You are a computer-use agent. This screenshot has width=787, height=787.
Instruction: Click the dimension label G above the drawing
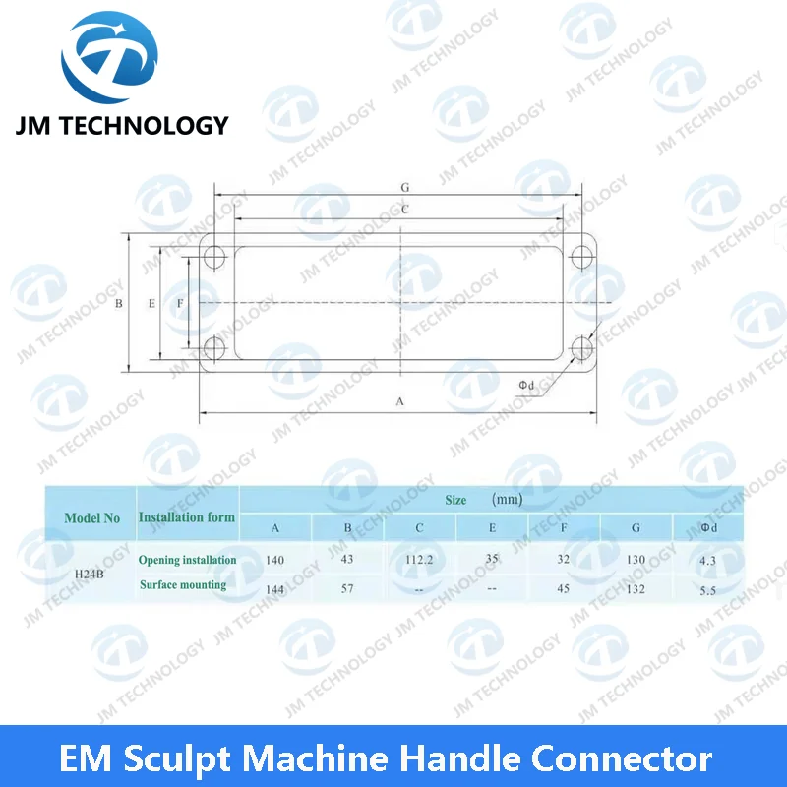coord(404,186)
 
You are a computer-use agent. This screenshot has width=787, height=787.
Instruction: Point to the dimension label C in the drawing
coord(404,210)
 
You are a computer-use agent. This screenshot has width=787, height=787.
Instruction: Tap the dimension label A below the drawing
coord(399,401)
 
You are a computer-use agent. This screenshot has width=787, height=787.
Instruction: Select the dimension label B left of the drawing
coord(118,304)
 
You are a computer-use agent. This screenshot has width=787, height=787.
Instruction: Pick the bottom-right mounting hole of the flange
coord(580,347)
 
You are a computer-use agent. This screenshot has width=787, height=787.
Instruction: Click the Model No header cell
coord(91,517)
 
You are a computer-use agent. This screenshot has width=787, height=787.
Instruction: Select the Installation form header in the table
coord(187,516)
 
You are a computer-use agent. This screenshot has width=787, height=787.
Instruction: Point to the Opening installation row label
coord(187,560)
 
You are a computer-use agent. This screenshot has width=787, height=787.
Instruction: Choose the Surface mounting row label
coord(183,584)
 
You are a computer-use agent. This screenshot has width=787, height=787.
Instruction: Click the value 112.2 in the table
coord(420,559)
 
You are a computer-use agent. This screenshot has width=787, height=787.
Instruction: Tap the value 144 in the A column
coord(275,587)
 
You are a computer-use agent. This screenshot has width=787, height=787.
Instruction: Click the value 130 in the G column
coord(636,560)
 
